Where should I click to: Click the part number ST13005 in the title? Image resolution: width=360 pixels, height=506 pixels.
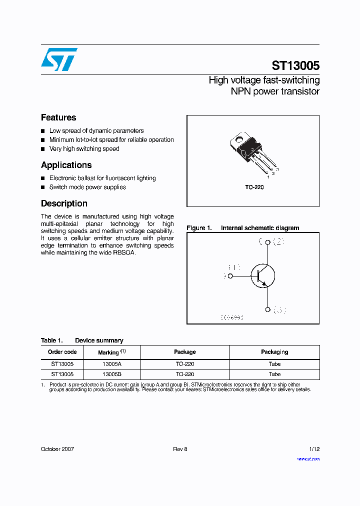295,66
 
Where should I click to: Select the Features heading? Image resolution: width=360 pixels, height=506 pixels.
58,117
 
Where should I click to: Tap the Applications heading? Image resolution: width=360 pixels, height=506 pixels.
66,165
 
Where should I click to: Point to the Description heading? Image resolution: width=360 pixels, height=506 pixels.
64,203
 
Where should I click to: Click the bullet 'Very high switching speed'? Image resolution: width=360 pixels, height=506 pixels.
84,149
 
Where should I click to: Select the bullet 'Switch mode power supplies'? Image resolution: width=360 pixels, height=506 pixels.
87,187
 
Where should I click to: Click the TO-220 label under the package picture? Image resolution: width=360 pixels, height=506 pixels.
254,187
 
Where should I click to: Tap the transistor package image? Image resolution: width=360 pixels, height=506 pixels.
249,150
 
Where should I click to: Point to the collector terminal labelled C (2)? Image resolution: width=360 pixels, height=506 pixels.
268,242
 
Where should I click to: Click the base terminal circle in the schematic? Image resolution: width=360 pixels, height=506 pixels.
230,275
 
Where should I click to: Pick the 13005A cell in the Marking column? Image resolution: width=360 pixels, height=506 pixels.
112,364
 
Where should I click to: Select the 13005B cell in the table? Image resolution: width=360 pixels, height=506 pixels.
112,374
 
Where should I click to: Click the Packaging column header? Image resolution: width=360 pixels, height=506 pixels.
274,352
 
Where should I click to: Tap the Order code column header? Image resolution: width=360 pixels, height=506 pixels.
62,352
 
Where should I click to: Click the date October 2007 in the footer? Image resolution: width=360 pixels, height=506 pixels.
57,449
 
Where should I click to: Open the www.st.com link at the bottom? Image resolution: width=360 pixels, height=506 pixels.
308,458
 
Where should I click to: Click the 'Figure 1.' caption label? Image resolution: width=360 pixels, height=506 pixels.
199,228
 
